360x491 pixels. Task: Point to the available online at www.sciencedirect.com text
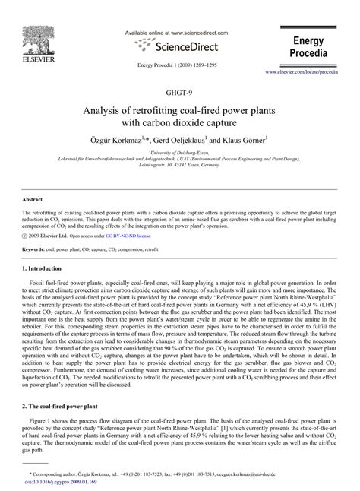pyautogui.click(x=179, y=34)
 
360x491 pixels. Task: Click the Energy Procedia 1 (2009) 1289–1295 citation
pyautogui.click(x=179, y=65)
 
